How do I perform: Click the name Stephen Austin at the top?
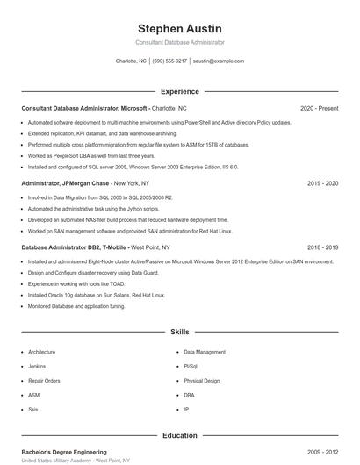[x=180, y=29]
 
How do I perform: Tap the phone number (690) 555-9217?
[x=169, y=61]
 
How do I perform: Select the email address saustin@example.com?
[x=218, y=61]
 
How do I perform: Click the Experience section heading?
[x=180, y=91]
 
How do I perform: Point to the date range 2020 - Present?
[x=319, y=108]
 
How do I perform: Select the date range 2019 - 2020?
[x=322, y=183]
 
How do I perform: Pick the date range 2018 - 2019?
[x=322, y=248]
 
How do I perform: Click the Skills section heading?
[x=180, y=333]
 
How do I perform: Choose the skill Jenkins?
[x=37, y=366]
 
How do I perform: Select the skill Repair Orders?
[x=44, y=381]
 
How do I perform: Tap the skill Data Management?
[x=204, y=352]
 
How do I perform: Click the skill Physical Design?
[x=202, y=381]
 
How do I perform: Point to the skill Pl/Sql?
[x=191, y=366]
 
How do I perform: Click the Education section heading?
[x=180, y=435]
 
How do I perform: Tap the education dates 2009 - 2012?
[x=322, y=451]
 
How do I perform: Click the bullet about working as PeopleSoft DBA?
[x=90, y=155]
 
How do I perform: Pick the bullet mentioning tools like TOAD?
[x=76, y=284]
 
